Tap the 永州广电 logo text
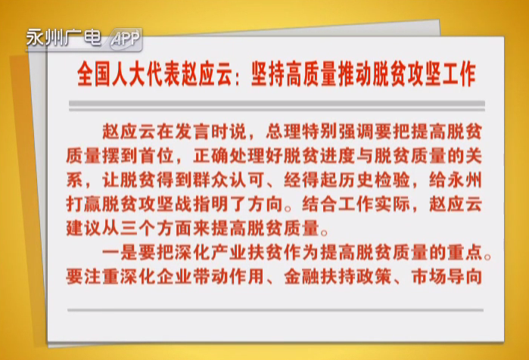pyautogui.click(x=64, y=37)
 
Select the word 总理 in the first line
pyautogui.click(x=283, y=132)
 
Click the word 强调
pyautogui.click(x=355, y=132)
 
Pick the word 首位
pyautogui.click(x=157, y=156)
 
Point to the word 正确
pyautogui.click(x=210, y=156)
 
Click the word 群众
pyautogui.click(x=210, y=180)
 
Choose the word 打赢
pyautogui.click(x=83, y=205)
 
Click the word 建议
pyautogui.click(x=83, y=229)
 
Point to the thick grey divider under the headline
pyautogui.click(x=277, y=104)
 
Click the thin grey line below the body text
pyautogui.click(x=275, y=310)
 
